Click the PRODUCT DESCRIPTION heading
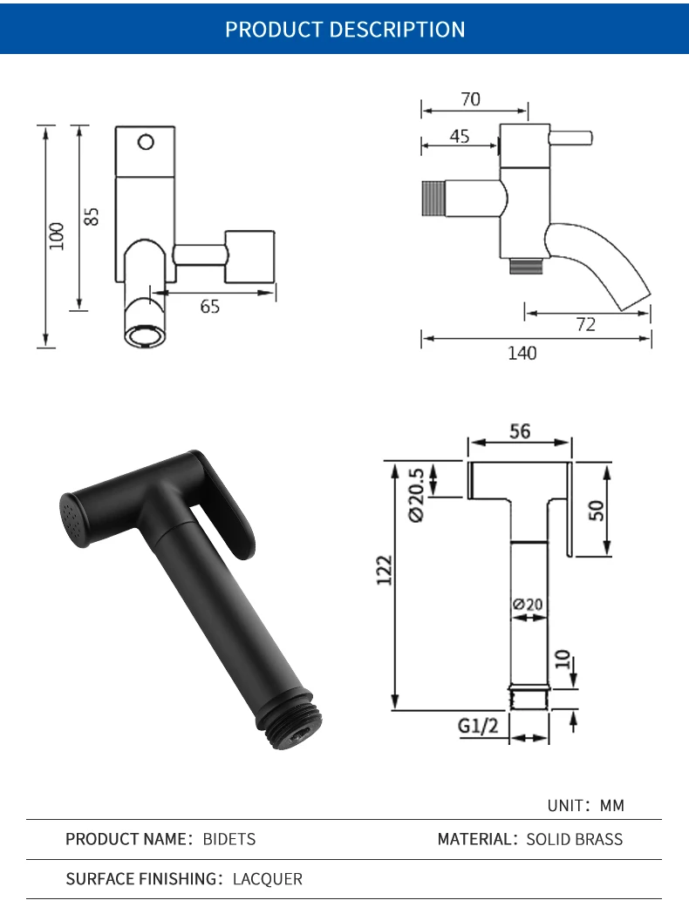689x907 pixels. coord(345,30)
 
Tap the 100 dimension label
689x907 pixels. coord(57,236)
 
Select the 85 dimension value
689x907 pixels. coord(92,216)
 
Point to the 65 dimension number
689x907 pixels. coord(210,306)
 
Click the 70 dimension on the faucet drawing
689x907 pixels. coord(471,99)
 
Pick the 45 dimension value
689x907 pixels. coord(460,136)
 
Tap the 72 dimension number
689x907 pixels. coord(586,324)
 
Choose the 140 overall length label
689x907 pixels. coord(522,353)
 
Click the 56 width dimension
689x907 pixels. coord(520,431)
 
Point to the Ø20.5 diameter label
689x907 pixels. coord(416,495)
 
